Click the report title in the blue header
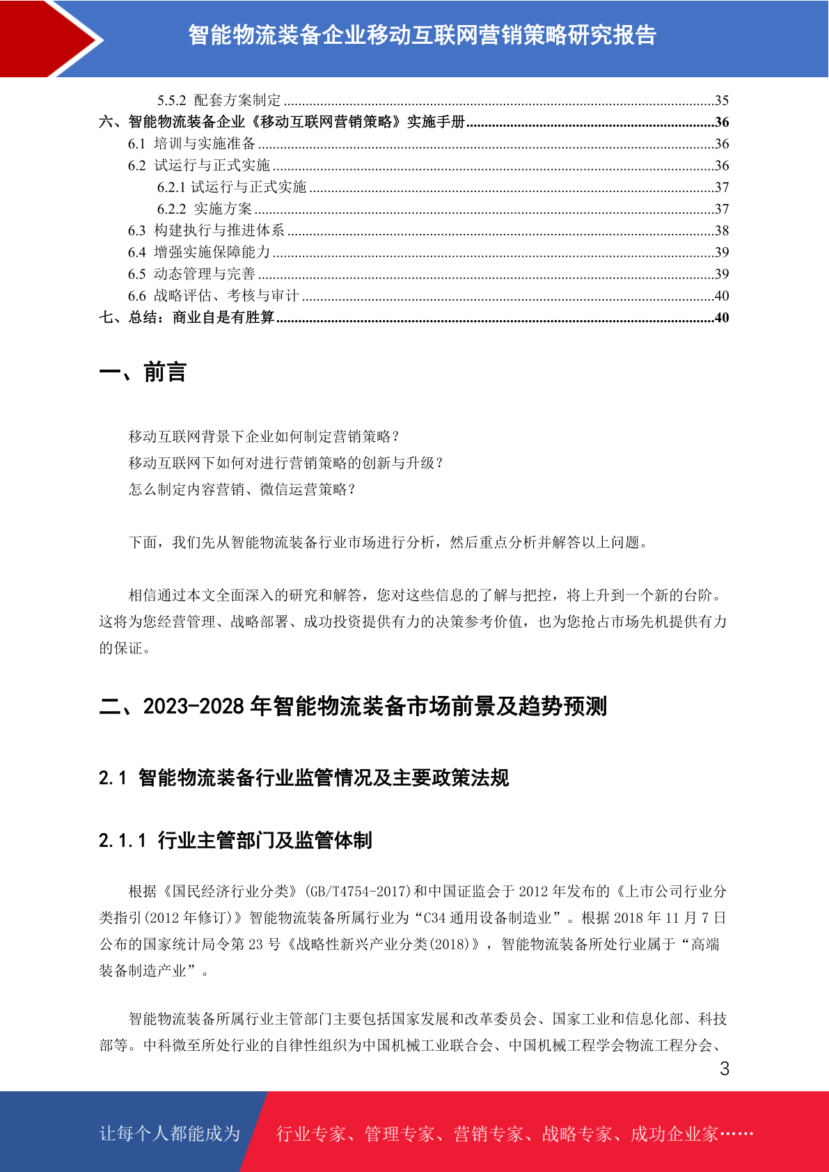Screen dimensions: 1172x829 coord(422,35)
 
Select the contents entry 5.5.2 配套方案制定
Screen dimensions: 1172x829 coord(219,100)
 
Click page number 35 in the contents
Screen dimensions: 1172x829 coord(722,100)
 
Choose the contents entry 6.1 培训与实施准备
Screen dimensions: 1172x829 coord(191,143)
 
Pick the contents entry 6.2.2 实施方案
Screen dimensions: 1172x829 coord(205,209)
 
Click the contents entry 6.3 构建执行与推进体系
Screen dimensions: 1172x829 coord(206,230)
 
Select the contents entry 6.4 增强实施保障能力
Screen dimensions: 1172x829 coord(199,252)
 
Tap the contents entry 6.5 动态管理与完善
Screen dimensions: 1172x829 coord(191,274)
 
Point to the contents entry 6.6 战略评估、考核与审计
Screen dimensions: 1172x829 coord(213,296)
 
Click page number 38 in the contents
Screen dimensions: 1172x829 coord(722,230)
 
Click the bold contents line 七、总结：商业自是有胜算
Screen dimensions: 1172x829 coord(187,317)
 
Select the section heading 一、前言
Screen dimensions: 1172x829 coord(143,372)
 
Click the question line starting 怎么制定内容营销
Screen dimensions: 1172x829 coord(242,489)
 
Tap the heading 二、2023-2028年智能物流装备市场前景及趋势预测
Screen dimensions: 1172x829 coord(353,706)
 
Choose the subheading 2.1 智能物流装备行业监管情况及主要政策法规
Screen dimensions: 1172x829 coord(303,777)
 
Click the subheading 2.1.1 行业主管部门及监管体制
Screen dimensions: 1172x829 coord(235,840)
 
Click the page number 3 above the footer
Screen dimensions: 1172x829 coord(725,1069)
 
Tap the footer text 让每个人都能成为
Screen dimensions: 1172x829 coord(170,1134)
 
